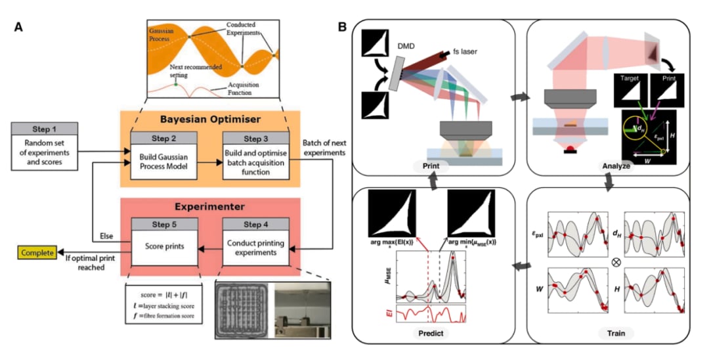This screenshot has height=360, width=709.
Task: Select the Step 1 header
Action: (44, 127)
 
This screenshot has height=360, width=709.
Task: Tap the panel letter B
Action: (342, 27)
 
